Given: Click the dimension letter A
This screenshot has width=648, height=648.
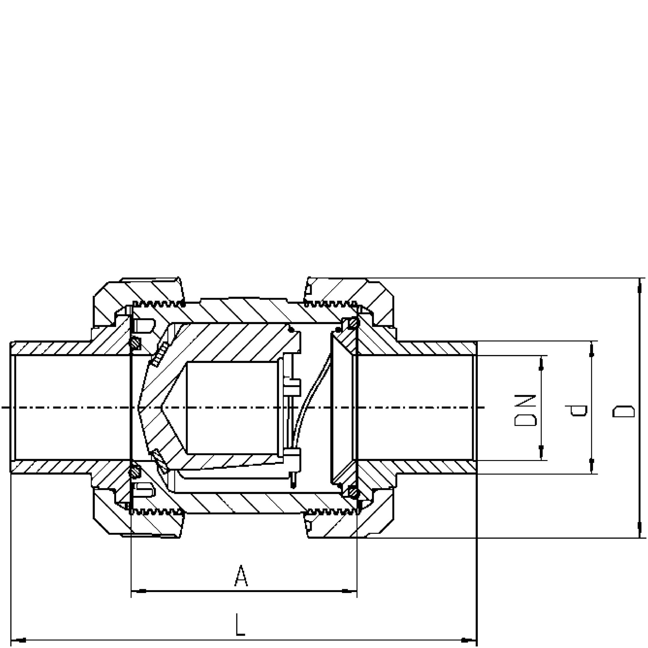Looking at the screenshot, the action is pyautogui.click(x=241, y=576).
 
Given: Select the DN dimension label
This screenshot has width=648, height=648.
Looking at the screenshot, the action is pyautogui.click(x=526, y=410).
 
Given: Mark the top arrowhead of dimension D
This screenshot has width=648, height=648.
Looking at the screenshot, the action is pyautogui.click(x=639, y=286).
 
